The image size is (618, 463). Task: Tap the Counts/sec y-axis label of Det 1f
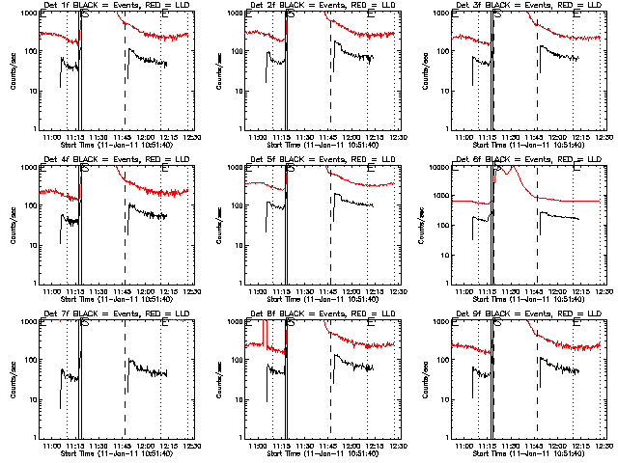click(x=12, y=71)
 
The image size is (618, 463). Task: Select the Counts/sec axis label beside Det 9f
click(x=425, y=380)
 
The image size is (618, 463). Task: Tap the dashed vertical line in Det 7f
click(x=126, y=386)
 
